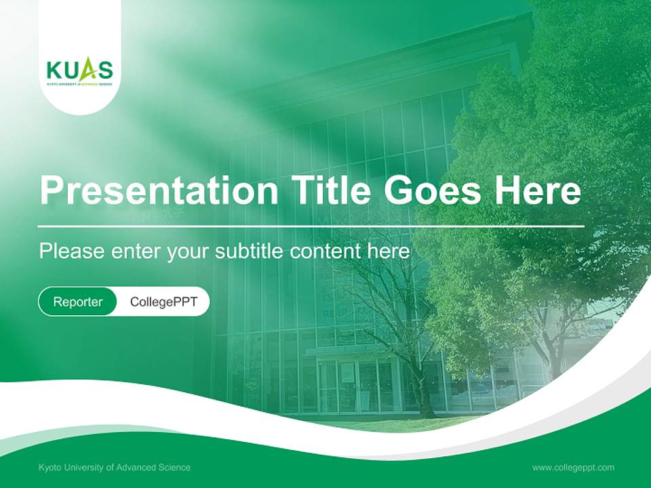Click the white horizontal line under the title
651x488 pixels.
click(x=311, y=226)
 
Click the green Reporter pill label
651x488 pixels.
click(x=78, y=302)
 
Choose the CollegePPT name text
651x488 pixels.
click(x=163, y=302)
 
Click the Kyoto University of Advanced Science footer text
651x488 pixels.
click(x=115, y=467)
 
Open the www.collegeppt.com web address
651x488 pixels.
click(x=573, y=467)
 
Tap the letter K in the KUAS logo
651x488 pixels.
click(x=54, y=70)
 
